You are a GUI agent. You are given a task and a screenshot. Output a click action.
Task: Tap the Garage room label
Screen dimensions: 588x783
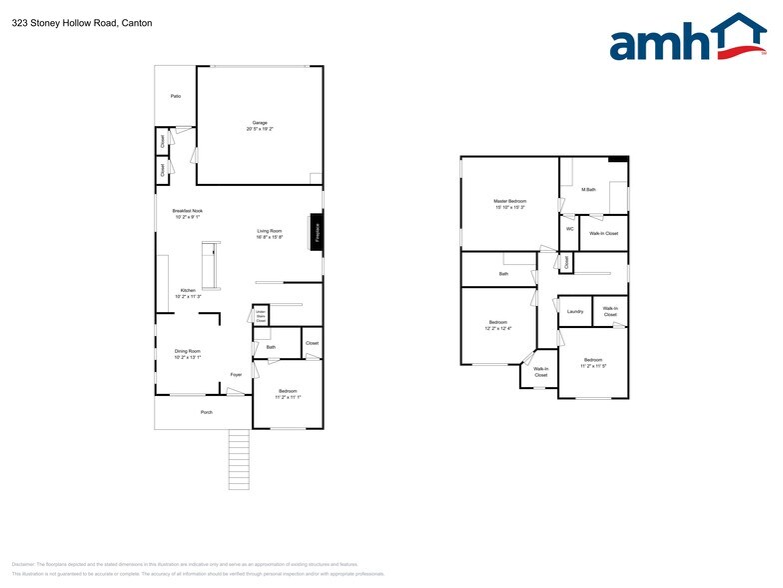tap(260, 123)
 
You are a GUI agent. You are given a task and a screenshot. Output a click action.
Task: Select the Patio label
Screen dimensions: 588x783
tap(175, 96)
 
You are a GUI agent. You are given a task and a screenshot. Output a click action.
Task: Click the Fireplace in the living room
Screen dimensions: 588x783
tap(318, 232)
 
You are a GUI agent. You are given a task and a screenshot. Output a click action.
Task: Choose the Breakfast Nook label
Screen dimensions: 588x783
tap(188, 211)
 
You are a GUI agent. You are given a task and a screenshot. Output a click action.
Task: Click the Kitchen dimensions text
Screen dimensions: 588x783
tap(189, 297)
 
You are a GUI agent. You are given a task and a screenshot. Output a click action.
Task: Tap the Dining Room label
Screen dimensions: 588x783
tap(188, 351)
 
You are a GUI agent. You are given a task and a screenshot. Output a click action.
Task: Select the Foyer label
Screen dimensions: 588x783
tap(236, 375)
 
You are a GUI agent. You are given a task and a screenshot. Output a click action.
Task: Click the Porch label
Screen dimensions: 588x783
tap(207, 412)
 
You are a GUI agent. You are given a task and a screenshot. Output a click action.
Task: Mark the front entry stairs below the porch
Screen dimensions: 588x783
tap(239, 459)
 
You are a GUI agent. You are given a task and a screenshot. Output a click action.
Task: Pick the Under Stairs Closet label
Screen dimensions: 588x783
tap(260, 317)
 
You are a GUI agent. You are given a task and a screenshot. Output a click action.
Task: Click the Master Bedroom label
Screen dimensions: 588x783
tap(509, 201)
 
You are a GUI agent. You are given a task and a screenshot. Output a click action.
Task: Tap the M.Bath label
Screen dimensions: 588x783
tap(589, 189)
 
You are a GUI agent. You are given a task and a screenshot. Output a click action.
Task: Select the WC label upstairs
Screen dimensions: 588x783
tap(569, 229)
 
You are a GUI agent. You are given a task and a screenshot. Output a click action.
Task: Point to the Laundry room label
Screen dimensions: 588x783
tap(575, 312)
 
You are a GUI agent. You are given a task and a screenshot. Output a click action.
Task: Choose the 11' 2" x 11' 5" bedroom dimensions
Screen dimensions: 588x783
tap(593, 366)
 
